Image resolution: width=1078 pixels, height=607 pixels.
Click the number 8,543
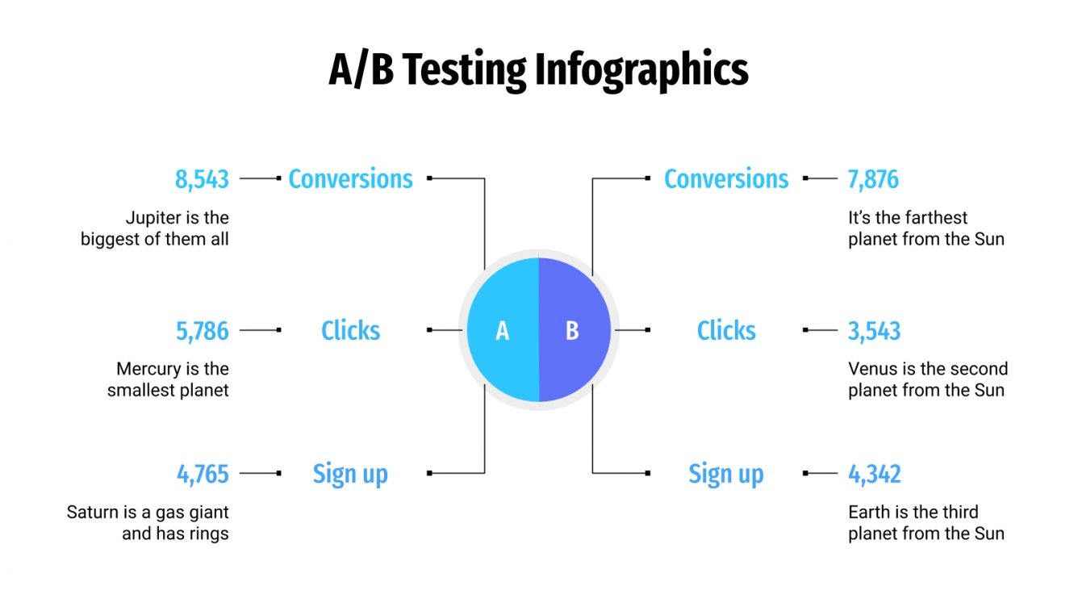point(202,178)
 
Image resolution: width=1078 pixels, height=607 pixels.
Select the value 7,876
point(873,178)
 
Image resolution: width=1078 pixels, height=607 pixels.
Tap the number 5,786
point(203,330)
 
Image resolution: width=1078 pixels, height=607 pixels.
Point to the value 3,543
point(874,330)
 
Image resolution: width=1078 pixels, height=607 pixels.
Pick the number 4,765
point(203,473)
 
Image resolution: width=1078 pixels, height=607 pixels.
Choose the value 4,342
point(874,473)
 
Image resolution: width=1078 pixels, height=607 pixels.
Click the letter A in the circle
point(502,331)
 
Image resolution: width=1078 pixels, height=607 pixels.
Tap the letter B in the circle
point(572,331)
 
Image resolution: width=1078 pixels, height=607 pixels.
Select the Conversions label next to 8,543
point(350,178)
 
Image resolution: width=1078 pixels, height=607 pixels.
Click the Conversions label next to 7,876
point(726,178)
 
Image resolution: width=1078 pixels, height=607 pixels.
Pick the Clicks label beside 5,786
point(350,330)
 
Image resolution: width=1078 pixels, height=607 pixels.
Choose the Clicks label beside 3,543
point(726,330)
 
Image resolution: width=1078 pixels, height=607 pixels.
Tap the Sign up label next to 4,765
point(350,474)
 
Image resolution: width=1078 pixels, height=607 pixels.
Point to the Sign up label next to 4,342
point(726,474)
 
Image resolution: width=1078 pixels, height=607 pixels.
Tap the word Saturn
point(91,512)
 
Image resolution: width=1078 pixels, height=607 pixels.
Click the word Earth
point(869,512)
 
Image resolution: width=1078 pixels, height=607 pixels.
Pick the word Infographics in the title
point(641,69)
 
